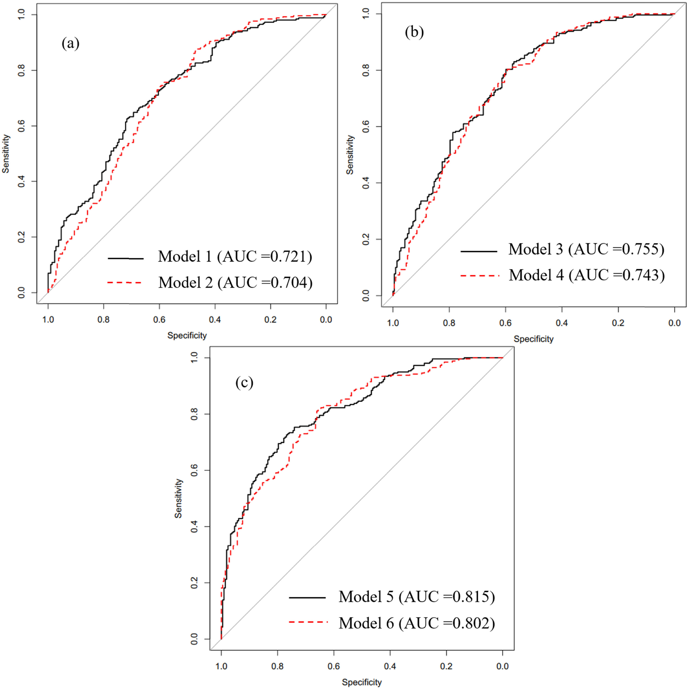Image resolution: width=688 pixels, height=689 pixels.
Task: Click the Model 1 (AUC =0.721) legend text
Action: (x=235, y=256)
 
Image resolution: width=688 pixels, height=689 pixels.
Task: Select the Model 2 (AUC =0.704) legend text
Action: (x=235, y=282)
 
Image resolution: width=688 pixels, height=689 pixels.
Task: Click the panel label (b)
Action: (x=414, y=32)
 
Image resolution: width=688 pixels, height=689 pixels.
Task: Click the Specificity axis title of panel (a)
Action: (x=187, y=335)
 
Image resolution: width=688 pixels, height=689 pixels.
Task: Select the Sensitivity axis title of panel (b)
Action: (x=350, y=154)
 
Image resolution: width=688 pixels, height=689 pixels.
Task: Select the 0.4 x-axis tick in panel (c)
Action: (x=390, y=666)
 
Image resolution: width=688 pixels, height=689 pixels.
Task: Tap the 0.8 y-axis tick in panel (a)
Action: (x=21, y=70)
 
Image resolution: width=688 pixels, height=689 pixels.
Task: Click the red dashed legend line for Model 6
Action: (x=308, y=622)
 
